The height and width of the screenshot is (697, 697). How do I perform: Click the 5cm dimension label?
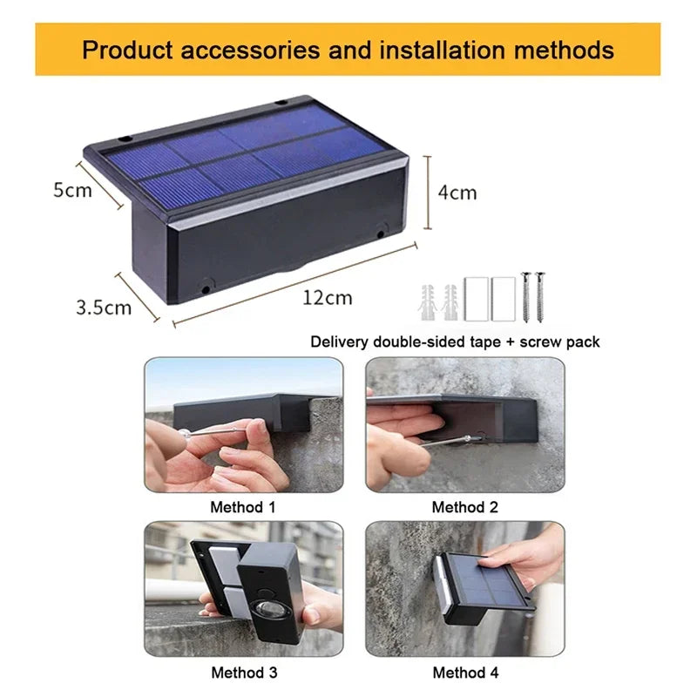pos(72,190)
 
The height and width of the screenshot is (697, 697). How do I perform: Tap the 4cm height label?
pos(457,193)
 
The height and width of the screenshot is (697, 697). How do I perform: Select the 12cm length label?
pos(328,298)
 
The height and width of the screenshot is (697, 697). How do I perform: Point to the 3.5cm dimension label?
pos(104,307)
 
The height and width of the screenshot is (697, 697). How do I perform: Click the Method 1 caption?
pos(242,506)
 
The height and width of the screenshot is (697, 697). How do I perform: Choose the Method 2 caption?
pos(464,506)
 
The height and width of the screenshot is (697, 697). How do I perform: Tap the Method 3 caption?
pos(242,672)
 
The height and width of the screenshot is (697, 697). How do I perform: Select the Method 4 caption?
pos(464,672)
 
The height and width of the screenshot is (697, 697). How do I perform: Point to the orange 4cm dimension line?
pos(428,193)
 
